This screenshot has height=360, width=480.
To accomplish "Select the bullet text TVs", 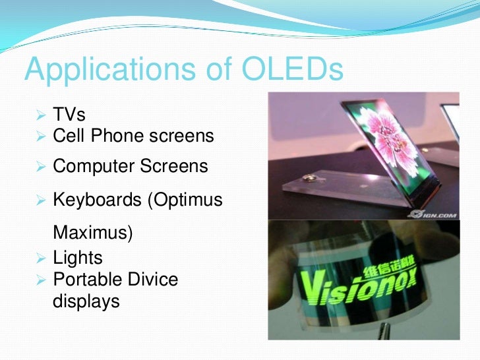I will pyautogui.click(x=69, y=115).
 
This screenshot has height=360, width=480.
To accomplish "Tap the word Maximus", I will pyautogui.click(x=93, y=234).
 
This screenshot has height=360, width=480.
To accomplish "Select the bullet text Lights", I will pyautogui.click(x=78, y=257).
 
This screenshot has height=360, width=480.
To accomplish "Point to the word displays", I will pyautogui.click(x=86, y=301).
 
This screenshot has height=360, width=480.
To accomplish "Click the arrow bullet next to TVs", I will pyautogui.click(x=41, y=115).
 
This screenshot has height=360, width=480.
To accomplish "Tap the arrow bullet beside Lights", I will pyautogui.click(x=41, y=258).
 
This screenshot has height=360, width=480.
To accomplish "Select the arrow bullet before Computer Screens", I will pyautogui.click(x=41, y=167).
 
